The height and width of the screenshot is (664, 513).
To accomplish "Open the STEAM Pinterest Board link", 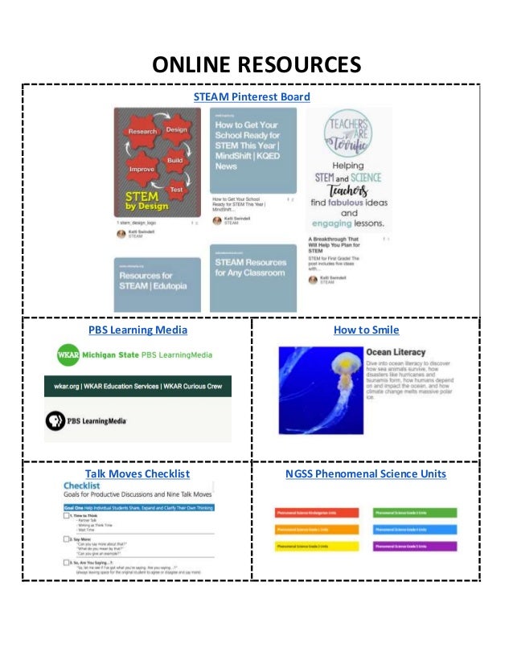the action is pos(251,97).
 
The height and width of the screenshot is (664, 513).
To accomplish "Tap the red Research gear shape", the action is pos(142,131).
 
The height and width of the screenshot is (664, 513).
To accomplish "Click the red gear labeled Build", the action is pos(174,160).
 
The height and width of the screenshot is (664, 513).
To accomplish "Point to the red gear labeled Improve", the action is pos(142,170).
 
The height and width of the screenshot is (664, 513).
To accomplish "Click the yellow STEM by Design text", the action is pos(141,202).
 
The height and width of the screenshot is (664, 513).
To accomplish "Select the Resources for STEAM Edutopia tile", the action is pos(154,283).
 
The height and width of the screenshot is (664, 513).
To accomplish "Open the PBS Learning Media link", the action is pos(137,330).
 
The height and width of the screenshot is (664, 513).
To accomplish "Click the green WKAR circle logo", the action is pos(70,355).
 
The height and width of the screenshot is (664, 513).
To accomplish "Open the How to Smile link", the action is pos(366,330).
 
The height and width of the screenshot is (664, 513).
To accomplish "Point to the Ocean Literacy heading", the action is pos(396,352).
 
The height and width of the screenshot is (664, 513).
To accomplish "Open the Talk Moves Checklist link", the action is pos(137,473).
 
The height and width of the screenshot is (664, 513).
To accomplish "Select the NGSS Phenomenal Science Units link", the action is pos(366,473).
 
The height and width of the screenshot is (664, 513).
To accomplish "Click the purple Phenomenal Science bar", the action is pos(414,547).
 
